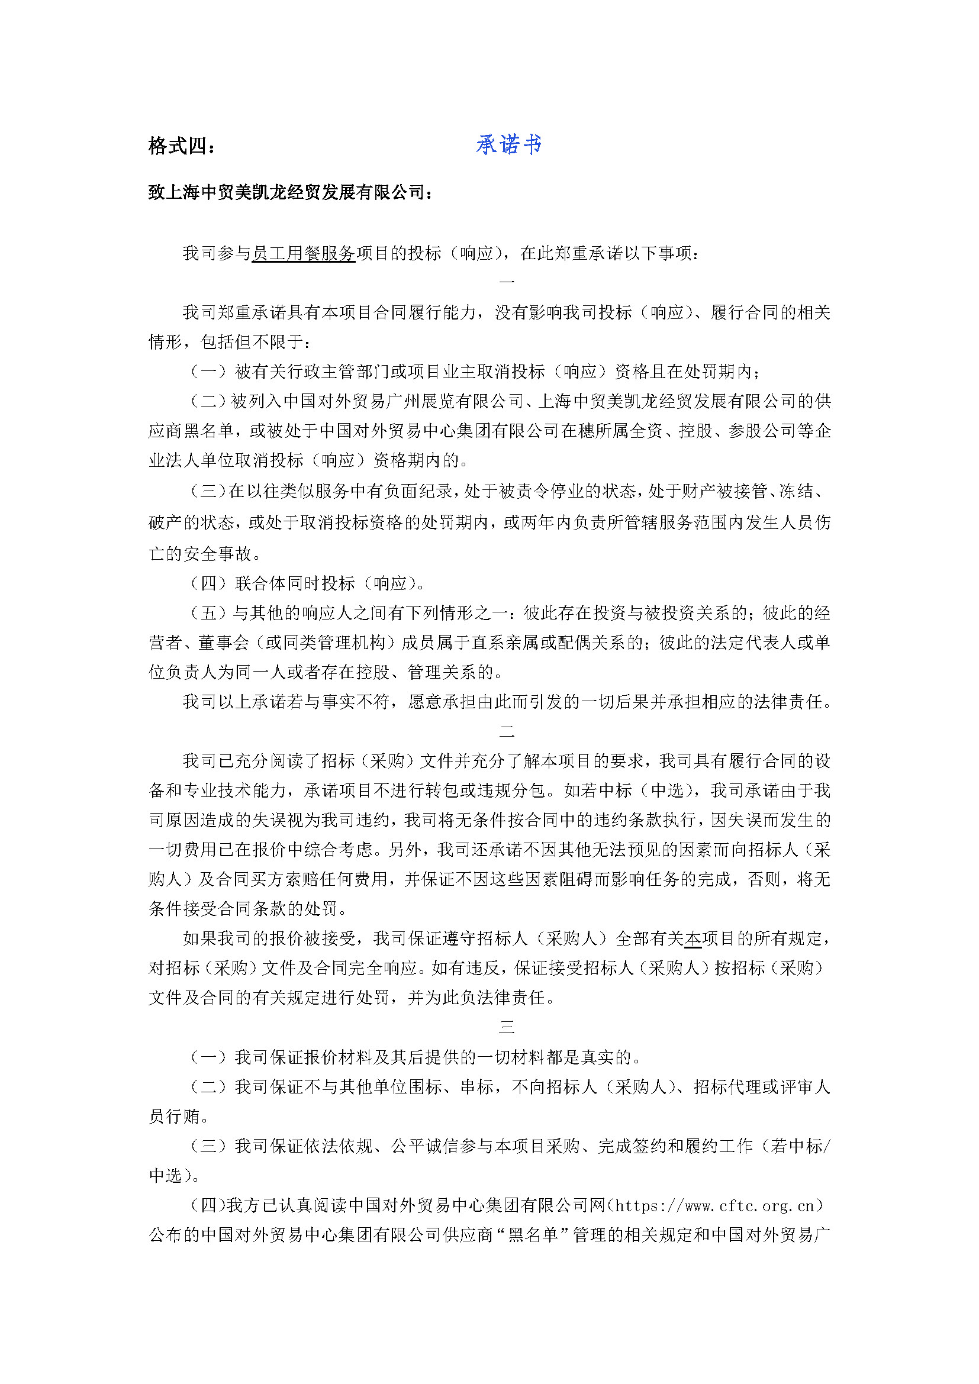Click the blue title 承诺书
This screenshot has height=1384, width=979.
click(508, 144)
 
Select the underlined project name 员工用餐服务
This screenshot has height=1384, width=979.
click(303, 253)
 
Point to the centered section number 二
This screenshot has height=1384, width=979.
click(507, 732)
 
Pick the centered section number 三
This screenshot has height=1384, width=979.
click(507, 1027)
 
